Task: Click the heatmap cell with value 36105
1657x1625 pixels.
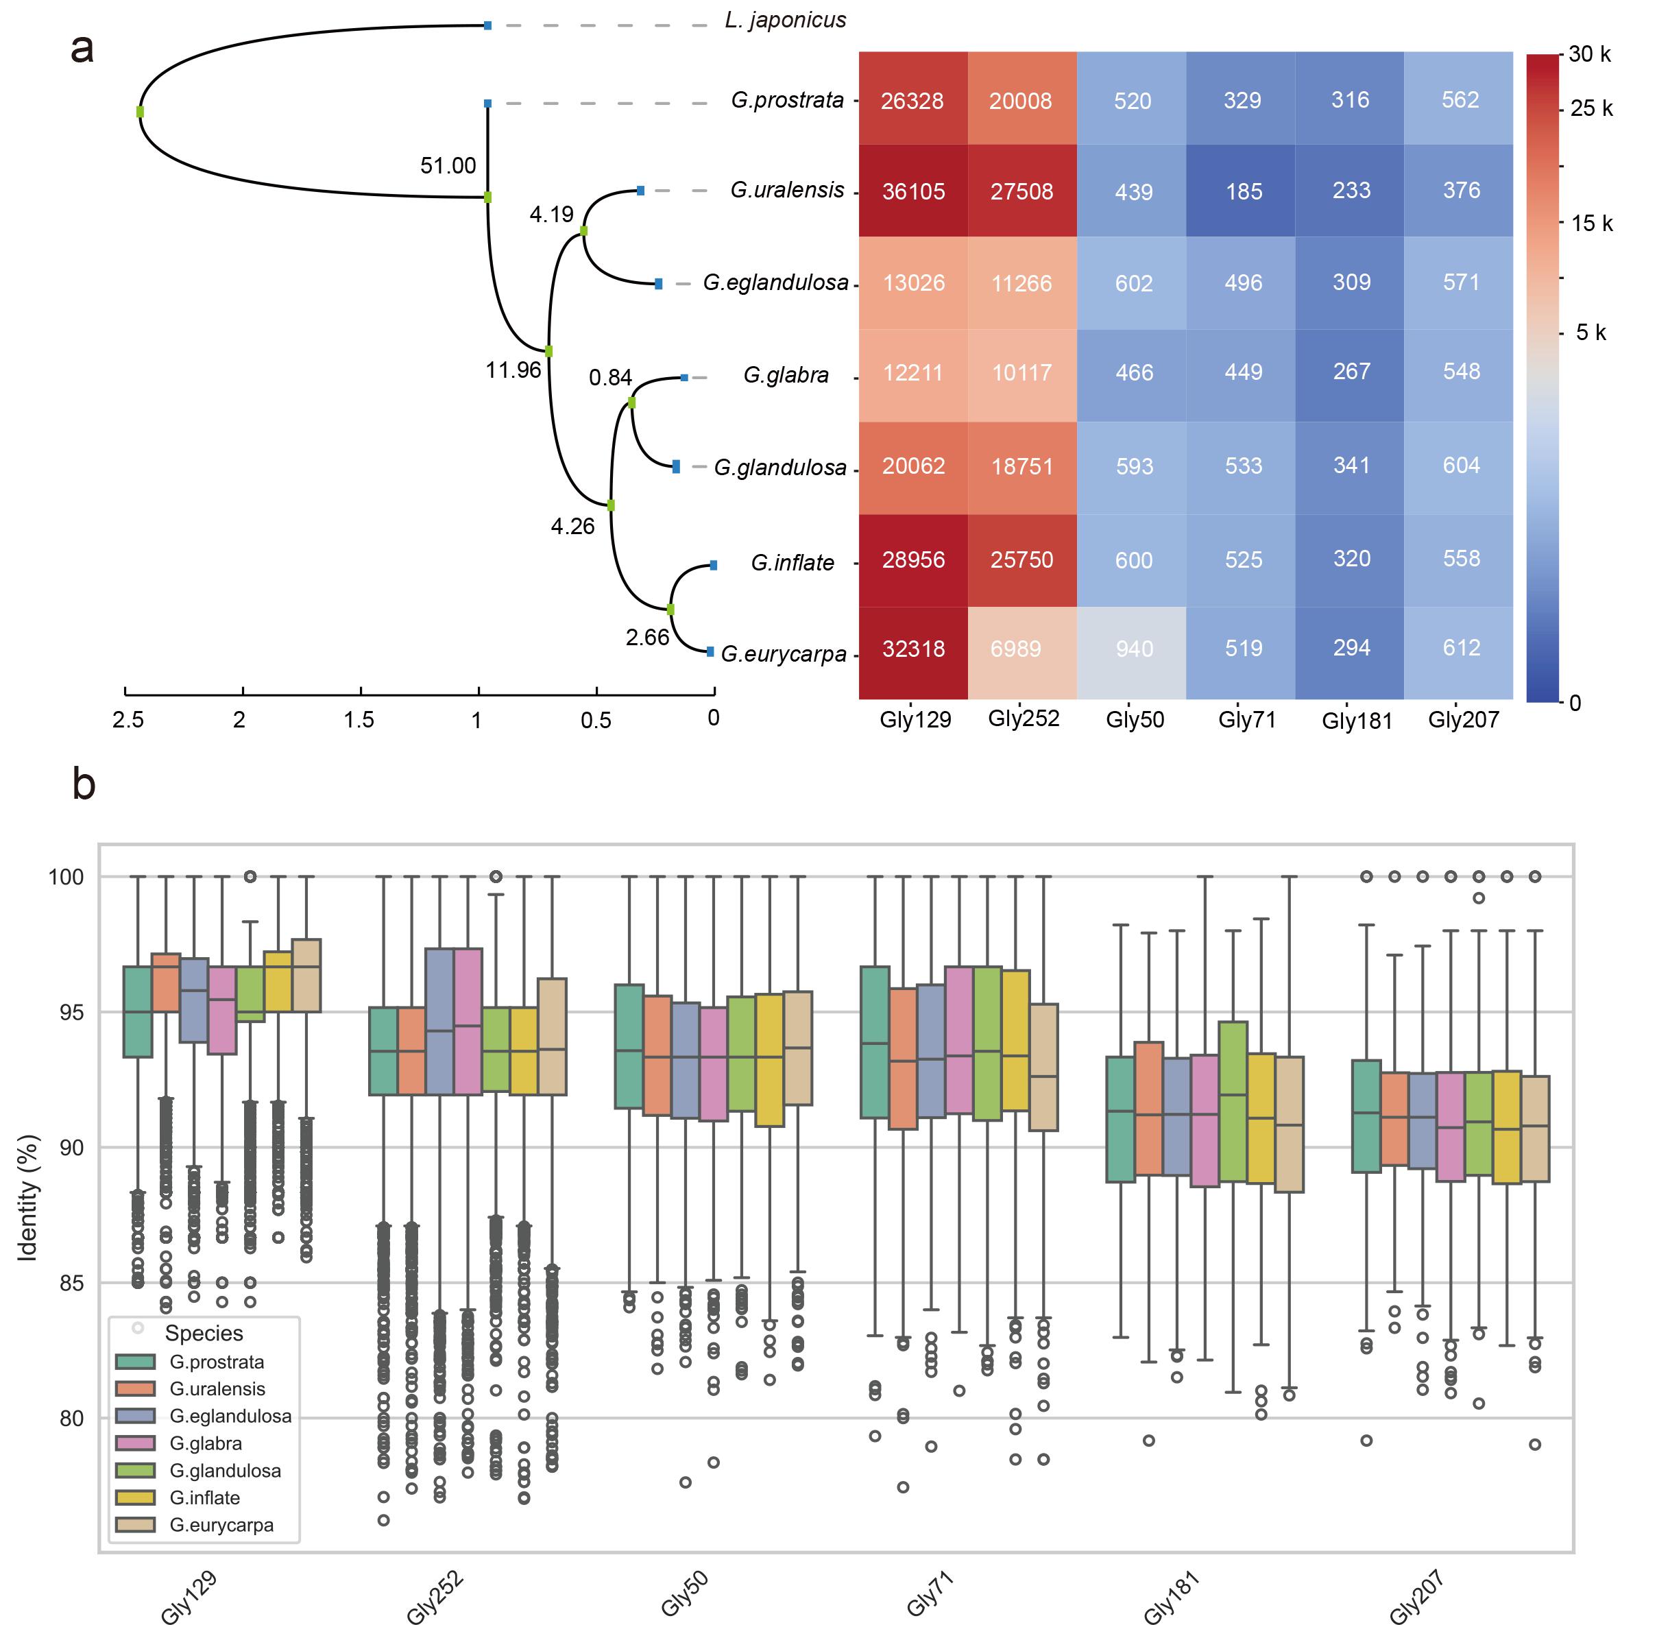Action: tap(913, 191)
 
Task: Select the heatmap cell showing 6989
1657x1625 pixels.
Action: tap(1021, 649)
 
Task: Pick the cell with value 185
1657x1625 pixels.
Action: tap(1242, 191)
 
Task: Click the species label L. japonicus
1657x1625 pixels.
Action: tap(785, 21)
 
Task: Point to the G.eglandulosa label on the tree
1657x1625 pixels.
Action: tap(775, 282)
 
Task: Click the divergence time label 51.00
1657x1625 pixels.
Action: tap(448, 165)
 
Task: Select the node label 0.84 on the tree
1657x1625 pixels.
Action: tap(610, 377)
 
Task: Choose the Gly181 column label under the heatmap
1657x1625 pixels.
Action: tap(1356, 721)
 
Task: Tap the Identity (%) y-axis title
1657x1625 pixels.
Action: tap(28, 1196)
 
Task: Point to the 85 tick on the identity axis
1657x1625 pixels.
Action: tap(66, 1283)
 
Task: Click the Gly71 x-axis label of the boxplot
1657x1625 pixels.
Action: tap(929, 1593)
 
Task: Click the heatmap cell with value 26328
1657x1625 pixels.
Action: tap(912, 101)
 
